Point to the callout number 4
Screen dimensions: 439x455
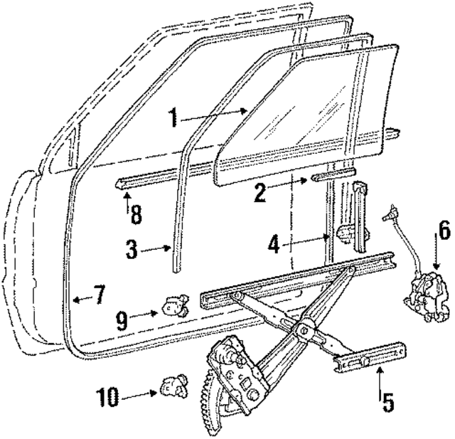point(275,244)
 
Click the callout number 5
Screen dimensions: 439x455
point(388,402)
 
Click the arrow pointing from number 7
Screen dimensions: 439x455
point(81,298)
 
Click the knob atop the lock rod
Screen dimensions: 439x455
point(389,211)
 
